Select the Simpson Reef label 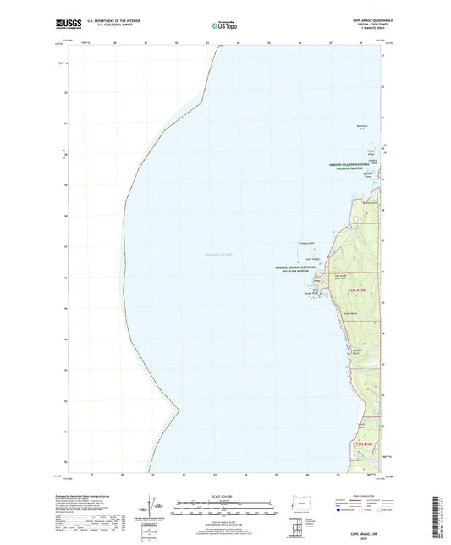(x=307, y=244)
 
